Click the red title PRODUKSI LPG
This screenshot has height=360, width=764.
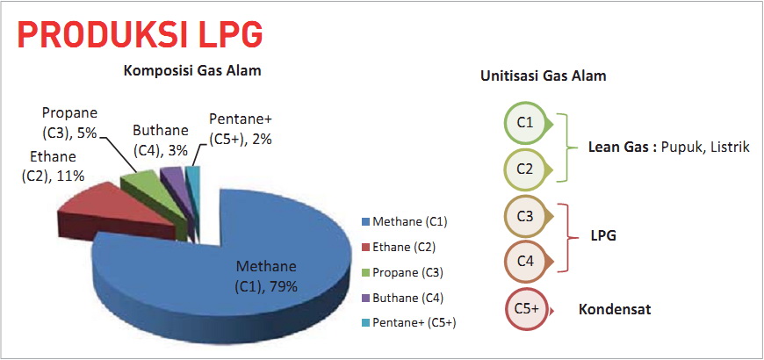[140, 33]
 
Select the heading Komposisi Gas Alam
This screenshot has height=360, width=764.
[192, 70]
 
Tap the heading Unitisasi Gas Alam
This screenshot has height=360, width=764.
[544, 76]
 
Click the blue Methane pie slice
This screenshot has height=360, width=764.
[234, 273]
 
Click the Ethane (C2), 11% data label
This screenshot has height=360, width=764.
[53, 166]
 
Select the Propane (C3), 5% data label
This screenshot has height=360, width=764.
[69, 122]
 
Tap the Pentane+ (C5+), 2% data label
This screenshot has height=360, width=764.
[241, 128]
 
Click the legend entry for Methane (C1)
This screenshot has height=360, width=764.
[405, 222]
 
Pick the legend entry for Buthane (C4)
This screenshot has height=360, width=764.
[402, 298]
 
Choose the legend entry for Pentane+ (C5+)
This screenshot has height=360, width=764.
[409, 322]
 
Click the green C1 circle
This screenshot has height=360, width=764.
[525, 123]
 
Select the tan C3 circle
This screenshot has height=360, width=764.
[525, 217]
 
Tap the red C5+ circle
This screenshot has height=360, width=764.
[526, 309]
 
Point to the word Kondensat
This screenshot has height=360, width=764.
[615, 309]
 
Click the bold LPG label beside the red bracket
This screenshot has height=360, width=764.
[602, 236]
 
